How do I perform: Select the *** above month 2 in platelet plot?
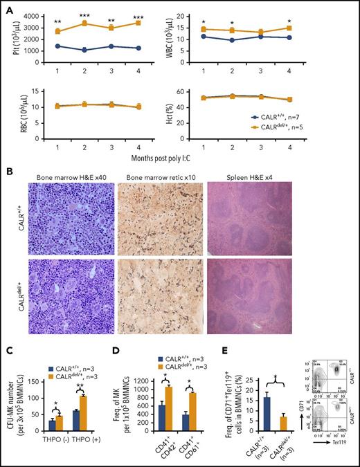coord(84,15)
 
